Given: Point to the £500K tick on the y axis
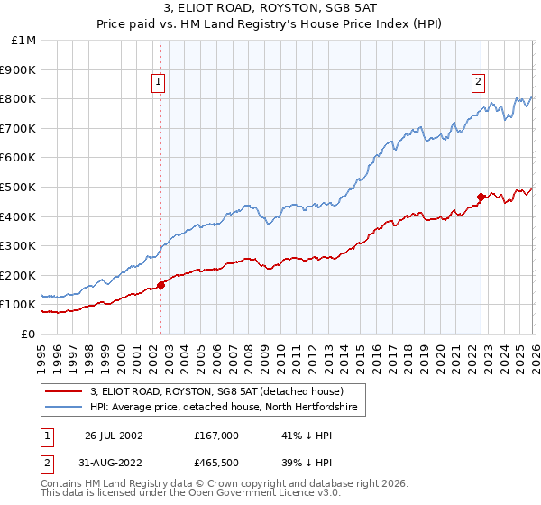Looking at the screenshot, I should click(x=18, y=187).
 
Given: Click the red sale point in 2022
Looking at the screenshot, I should click(x=481, y=197).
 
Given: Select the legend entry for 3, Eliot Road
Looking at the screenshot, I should click(x=216, y=392).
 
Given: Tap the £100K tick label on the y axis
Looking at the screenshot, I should click(x=18, y=304).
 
